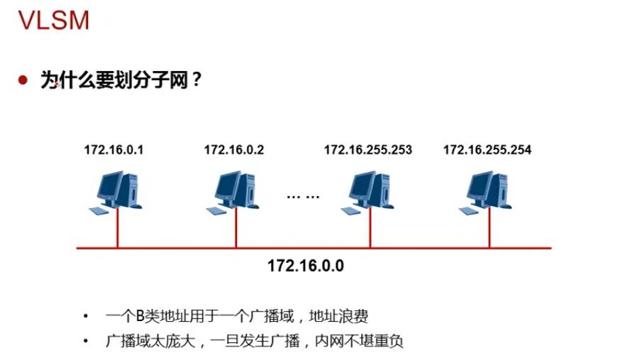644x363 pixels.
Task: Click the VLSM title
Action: pyautogui.click(x=54, y=21)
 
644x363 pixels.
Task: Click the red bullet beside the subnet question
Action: pyautogui.click(x=23, y=80)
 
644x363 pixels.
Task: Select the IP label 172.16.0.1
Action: pyautogui.click(x=113, y=150)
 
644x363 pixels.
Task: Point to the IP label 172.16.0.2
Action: pyautogui.click(x=233, y=150)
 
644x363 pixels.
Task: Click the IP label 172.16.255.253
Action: pyautogui.click(x=367, y=150)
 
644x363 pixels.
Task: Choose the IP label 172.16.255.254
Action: pyautogui.click(x=487, y=150)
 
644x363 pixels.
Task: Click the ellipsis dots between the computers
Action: pyautogui.click(x=303, y=195)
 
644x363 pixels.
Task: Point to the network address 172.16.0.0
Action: pyautogui.click(x=306, y=266)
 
